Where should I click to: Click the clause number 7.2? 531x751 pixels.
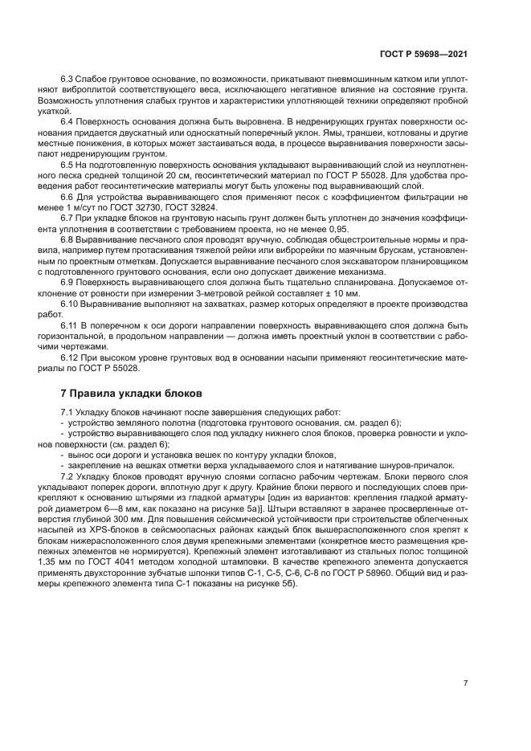pyautogui.click(x=68, y=475)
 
